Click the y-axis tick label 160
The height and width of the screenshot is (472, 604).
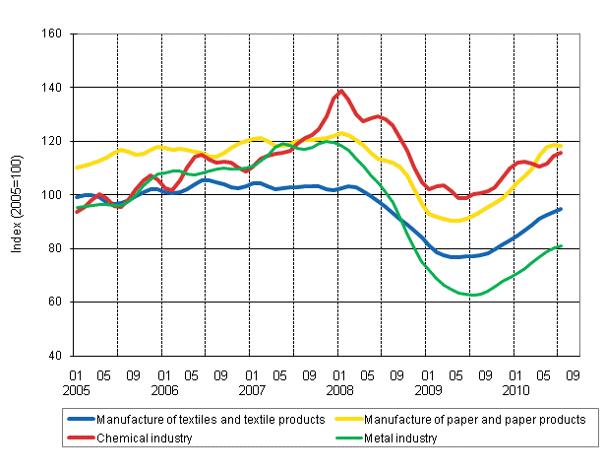tap(51, 34)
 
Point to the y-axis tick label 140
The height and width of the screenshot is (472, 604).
tap(51, 88)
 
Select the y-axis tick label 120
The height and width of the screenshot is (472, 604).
tap(51, 141)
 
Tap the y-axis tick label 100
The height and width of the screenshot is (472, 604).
tap(51, 195)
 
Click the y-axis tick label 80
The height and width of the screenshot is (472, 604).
tap(54, 248)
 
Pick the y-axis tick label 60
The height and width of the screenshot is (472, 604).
tap(54, 302)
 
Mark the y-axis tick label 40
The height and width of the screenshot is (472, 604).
tap(54, 356)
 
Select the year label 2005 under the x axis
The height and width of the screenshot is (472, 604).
tap(75, 389)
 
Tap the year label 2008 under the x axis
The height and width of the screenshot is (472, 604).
tap(339, 389)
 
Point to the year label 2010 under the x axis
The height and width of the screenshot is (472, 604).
tap(515, 389)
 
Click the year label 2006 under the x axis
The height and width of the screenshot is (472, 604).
tap(163, 389)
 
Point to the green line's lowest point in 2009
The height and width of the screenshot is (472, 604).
tap(474, 295)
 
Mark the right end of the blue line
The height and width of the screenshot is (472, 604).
tap(561, 209)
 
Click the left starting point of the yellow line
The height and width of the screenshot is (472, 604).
tap(76, 168)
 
